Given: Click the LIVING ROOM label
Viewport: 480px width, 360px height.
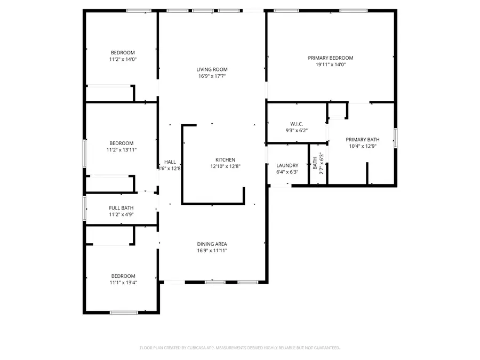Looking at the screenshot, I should pyautogui.click(x=212, y=69).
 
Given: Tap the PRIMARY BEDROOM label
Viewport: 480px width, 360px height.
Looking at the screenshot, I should pyautogui.click(x=330, y=58).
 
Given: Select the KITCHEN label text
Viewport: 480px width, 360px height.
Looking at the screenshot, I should pyautogui.click(x=225, y=159).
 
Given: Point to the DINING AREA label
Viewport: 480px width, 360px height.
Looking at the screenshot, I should pyautogui.click(x=212, y=244).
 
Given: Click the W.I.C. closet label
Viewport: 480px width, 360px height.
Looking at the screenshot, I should pyautogui.click(x=297, y=124).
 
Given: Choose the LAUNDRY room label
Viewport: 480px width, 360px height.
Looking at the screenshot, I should pyautogui.click(x=287, y=165).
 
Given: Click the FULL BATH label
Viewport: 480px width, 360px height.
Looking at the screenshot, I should pyautogui.click(x=121, y=208).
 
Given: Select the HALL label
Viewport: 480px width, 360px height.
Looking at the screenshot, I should pyautogui.click(x=170, y=162).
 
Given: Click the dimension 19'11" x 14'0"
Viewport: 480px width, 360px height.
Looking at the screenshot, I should pyautogui.click(x=330, y=65).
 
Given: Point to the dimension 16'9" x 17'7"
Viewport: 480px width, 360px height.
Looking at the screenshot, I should pyautogui.click(x=212, y=76).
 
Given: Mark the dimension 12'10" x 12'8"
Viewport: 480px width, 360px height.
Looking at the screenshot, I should pyautogui.click(x=225, y=166).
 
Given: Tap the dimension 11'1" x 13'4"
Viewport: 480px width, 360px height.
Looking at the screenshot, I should pyautogui.click(x=123, y=283).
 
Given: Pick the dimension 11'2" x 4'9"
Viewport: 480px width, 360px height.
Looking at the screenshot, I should pyautogui.click(x=121, y=215).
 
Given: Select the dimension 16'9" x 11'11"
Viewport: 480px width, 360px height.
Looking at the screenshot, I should pyautogui.click(x=212, y=251).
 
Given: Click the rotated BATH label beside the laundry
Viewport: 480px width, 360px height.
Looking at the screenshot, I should pyautogui.click(x=315, y=163).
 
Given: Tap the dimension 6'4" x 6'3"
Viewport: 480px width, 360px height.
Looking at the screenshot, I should pyautogui.click(x=287, y=172).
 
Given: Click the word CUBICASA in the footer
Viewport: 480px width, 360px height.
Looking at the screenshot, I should pyautogui.click(x=197, y=348).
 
